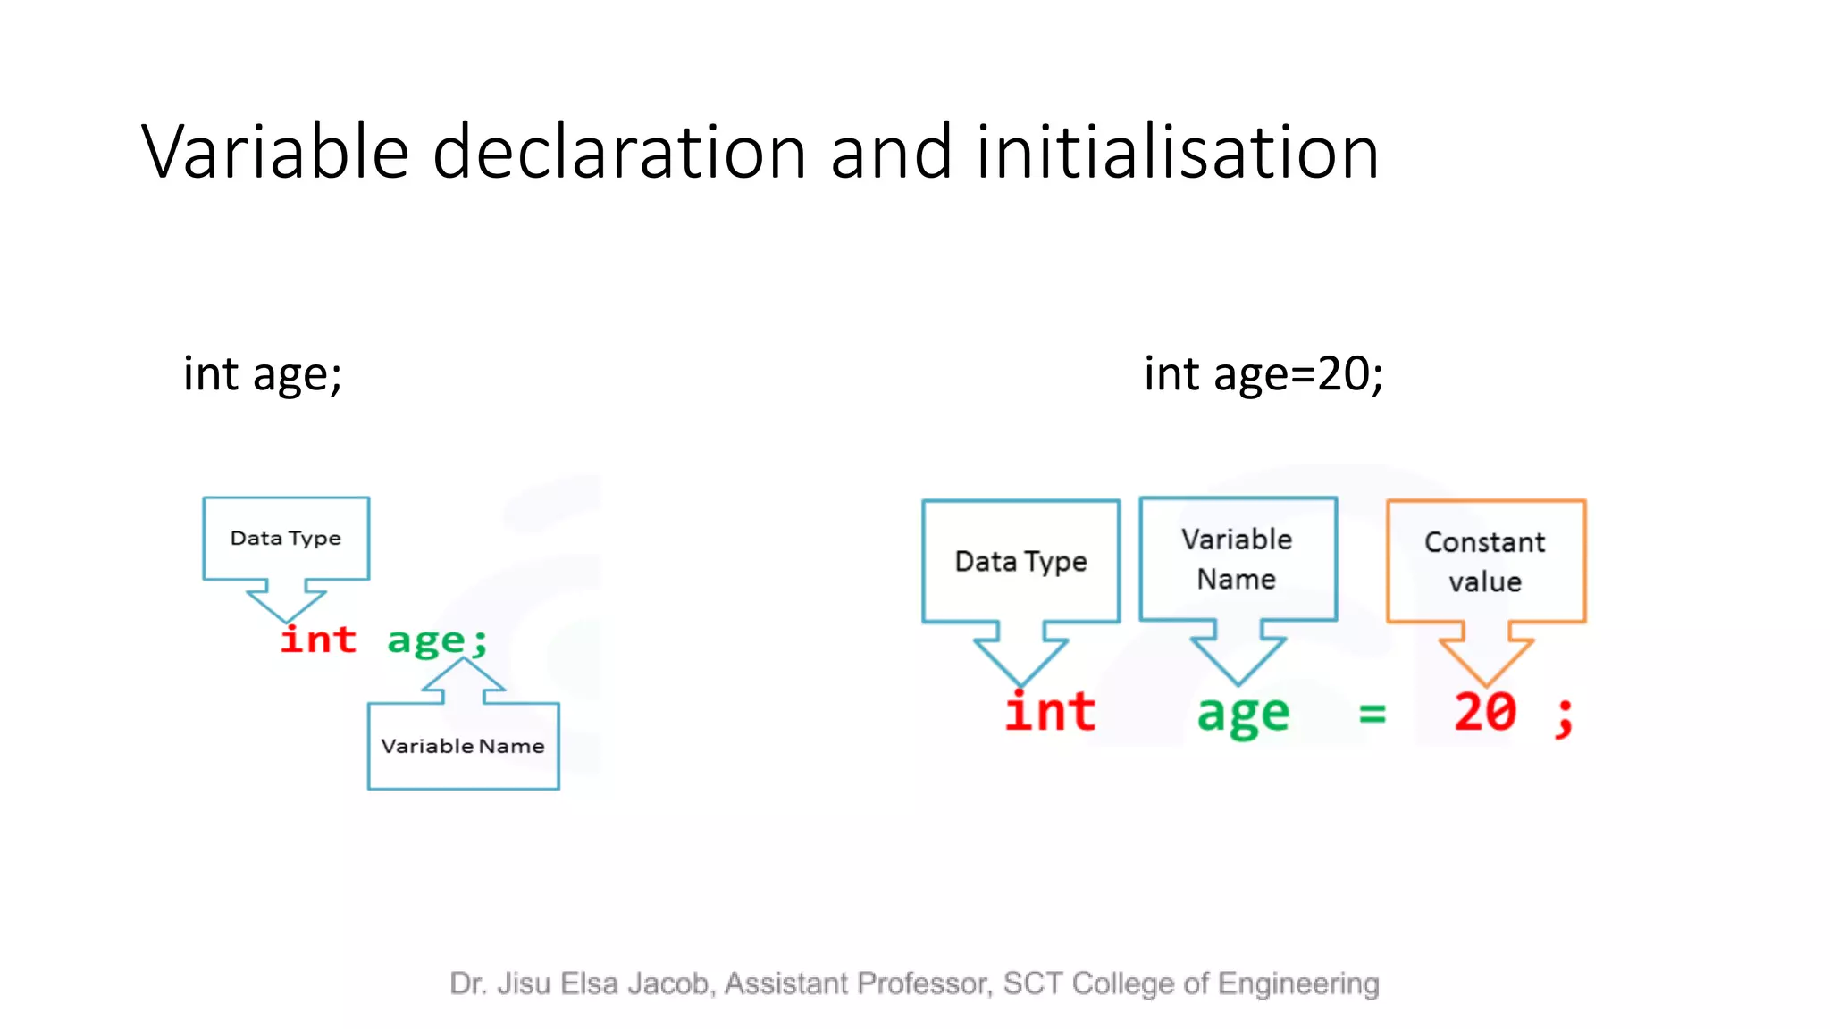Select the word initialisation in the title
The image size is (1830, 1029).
1178,152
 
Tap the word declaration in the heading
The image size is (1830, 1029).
619,152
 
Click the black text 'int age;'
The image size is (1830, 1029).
263,373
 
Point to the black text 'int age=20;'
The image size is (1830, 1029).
1263,373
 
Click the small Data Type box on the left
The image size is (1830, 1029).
286,538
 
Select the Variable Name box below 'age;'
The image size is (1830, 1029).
463,746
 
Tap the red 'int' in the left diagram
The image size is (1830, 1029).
318,640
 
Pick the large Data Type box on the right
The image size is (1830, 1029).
1020,561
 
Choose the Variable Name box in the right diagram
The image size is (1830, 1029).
1238,559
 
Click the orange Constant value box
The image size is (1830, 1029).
1485,561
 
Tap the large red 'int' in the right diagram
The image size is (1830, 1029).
1050,713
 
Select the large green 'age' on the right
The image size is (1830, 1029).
1243,715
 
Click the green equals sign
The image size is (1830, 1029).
1372,714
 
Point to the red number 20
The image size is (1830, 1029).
1485,713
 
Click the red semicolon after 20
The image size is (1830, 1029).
1564,716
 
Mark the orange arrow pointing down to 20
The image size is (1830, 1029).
1486,657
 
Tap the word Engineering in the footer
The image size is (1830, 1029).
1298,983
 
